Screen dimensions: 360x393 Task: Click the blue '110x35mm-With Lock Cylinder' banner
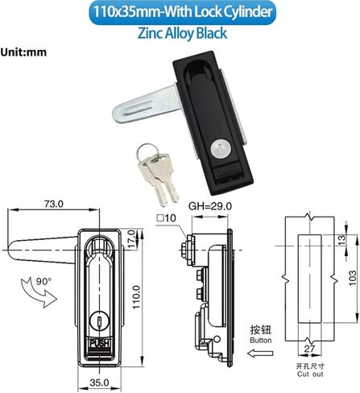click(x=182, y=12)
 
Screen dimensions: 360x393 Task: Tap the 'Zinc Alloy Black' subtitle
click(x=182, y=34)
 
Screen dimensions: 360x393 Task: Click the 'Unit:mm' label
click(x=23, y=52)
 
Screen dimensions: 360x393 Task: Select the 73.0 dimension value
click(x=54, y=204)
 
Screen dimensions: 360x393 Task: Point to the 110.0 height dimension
click(x=137, y=297)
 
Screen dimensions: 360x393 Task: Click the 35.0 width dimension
click(x=99, y=383)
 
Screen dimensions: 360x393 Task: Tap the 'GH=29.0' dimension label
click(x=210, y=206)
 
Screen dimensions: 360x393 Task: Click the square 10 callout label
click(x=167, y=218)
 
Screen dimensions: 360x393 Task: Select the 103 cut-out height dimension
click(x=353, y=278)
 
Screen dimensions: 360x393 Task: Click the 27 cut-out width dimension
click(x=309, y=349)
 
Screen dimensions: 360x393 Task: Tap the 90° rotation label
click(x=43, y=281)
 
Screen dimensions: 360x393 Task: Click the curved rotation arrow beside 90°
click(x=38, y=292)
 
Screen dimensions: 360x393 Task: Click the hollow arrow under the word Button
click(x=260, y=354)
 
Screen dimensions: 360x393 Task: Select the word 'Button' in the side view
click(x=260, y=340)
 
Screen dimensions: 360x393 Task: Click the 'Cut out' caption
click(x=310, y=374)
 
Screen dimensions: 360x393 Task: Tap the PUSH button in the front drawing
click(x=99, y=343)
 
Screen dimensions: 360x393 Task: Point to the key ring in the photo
click(x=146, y=151)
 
